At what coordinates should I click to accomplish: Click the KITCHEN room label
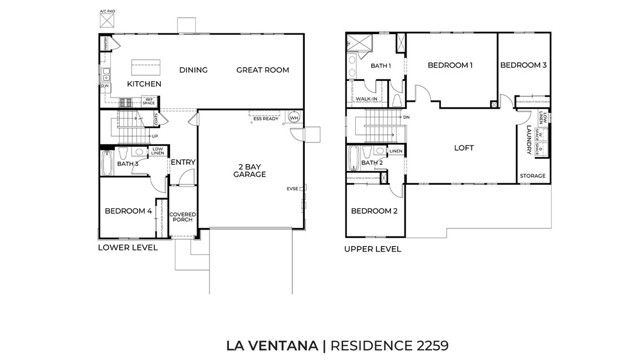[x=143, y=84]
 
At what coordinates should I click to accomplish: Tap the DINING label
[x=192, y=70]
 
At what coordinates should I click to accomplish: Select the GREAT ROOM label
[x=262, y=70]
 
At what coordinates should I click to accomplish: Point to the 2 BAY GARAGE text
[x=249, y=170]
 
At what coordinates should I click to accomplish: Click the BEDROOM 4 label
[x=128, y=211]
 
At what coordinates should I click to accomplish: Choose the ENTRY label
[x=182, y=163]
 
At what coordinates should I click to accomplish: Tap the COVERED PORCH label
[x=181, y=217]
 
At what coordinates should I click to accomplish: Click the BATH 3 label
[x=128, y=163]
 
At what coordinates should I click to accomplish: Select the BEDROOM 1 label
[x=450, y=65]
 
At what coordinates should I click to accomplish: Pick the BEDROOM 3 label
[x=523, y=65]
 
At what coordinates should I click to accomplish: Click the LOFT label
[x=462, y=147]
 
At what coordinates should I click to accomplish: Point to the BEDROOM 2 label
[x=374, y=211]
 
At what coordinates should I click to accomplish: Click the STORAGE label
[x=532, y=176]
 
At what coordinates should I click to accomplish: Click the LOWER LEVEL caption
[x=127, y=246]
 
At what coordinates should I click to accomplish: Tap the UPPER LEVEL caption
[x=373, y=248]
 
